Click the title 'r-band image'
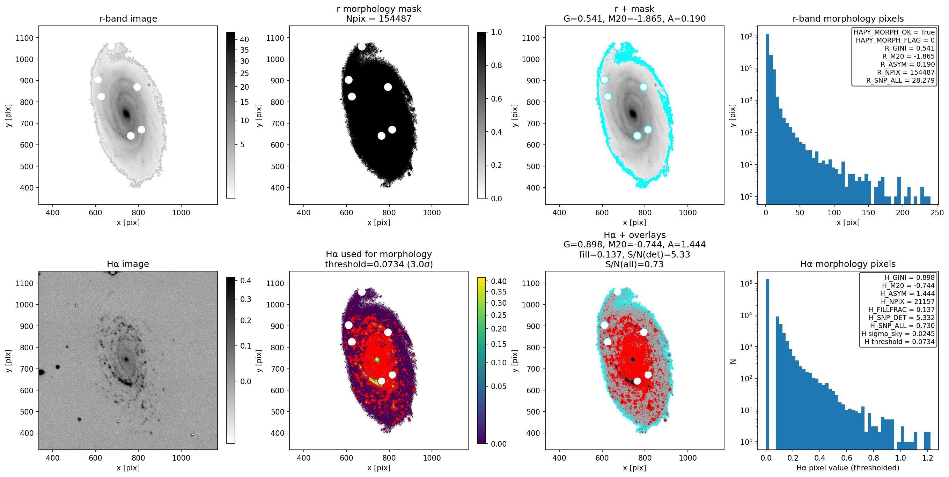click(128, 18)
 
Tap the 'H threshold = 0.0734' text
click(899, 342)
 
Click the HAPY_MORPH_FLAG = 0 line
click(895, 40)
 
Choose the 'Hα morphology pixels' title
click(848, 264)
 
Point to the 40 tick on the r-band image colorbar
click(244, 39)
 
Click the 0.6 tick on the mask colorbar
click(496, 99)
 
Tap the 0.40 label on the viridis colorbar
click(499, 281)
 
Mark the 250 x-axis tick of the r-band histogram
click(937, 213)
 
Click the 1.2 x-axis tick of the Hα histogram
click(928, 458)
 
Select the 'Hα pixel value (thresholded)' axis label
click(848, 468)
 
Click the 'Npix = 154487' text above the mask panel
click(379, 18)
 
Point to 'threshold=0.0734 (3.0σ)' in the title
click(379, 264)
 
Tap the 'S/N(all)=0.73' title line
click(634, 264)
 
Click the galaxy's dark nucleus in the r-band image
click(126, 113)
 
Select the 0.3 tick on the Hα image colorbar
click(246, 299)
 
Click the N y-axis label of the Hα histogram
click(733, 362)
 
